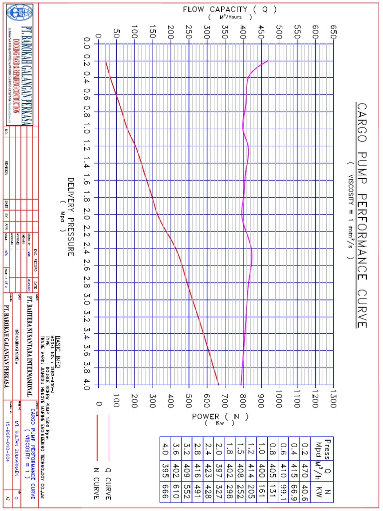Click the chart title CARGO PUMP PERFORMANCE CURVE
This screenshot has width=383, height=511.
(x=362, y=216)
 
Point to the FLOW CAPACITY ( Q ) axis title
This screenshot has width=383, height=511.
(x=230, y=9)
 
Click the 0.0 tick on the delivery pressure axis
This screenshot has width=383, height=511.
(x=86, y=44)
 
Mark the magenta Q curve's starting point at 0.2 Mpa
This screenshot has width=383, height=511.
(x=269, y=61)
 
